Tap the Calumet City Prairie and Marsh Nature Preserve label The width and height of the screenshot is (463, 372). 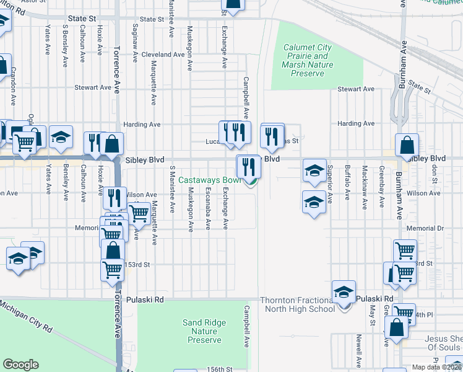307,60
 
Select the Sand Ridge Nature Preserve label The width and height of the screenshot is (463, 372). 204,331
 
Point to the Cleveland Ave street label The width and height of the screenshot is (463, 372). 163,55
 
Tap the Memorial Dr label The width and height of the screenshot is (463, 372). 426,228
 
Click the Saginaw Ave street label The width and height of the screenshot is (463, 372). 135,38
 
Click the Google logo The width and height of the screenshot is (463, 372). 20,365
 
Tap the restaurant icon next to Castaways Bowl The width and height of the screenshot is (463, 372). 248,166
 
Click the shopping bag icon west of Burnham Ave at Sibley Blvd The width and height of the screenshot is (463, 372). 407,146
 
